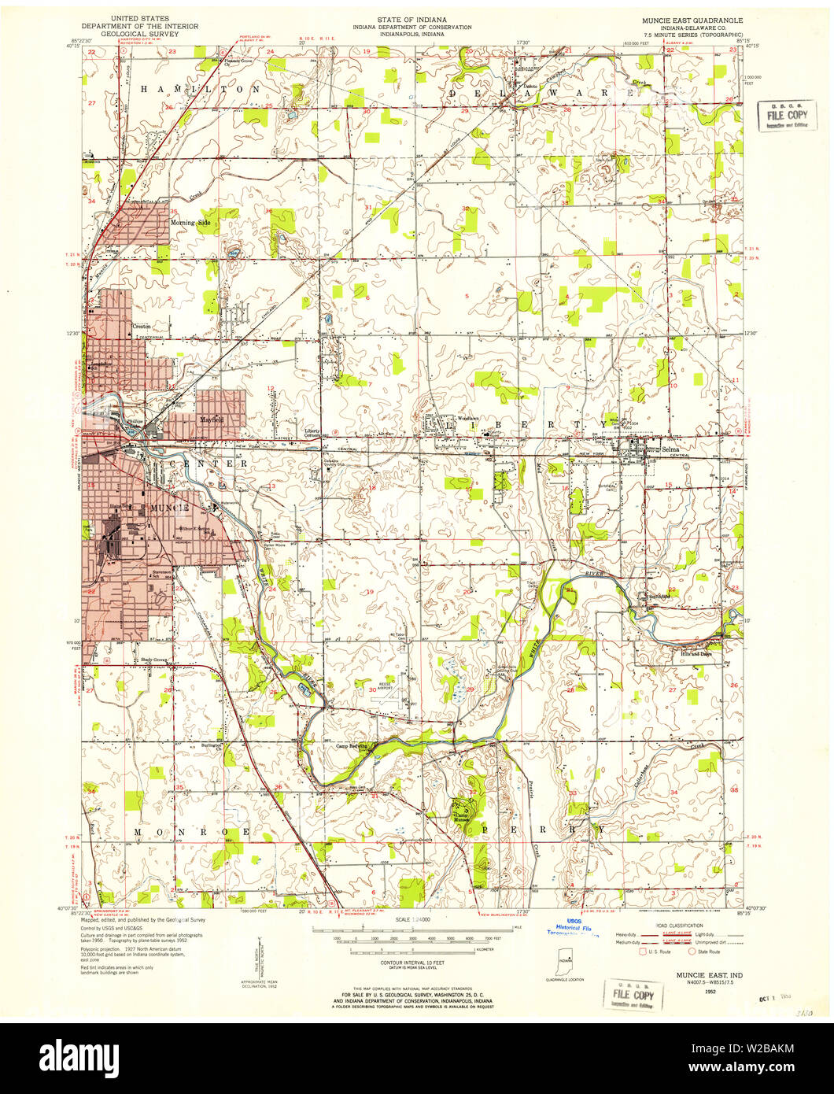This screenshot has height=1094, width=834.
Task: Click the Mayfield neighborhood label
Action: coord(211,419)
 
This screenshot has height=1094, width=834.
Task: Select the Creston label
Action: coord(142,326)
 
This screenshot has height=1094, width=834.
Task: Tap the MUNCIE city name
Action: coord(161,508)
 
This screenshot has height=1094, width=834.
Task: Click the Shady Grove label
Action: coord(154,660)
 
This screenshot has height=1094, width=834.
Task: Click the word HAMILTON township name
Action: coord(201,90)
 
